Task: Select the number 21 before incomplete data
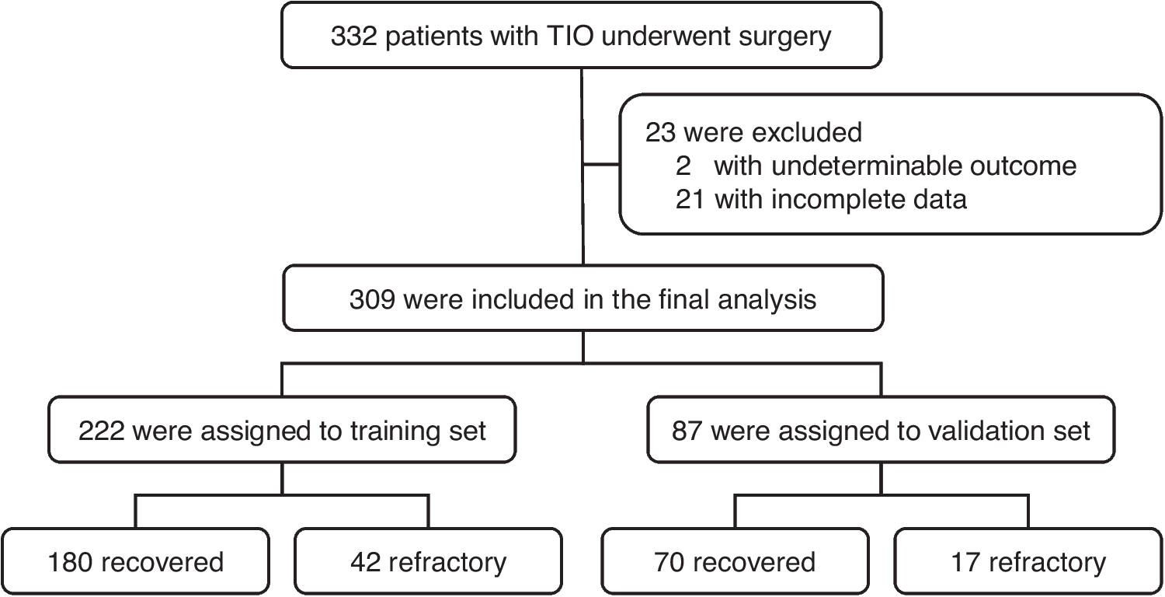click(690, 200)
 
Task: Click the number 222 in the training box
click(102, 430)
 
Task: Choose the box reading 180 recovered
click(136, 561)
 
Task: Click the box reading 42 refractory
click(428, 561)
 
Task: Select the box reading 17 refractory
click(1028, 561)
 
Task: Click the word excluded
click(810, 132)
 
